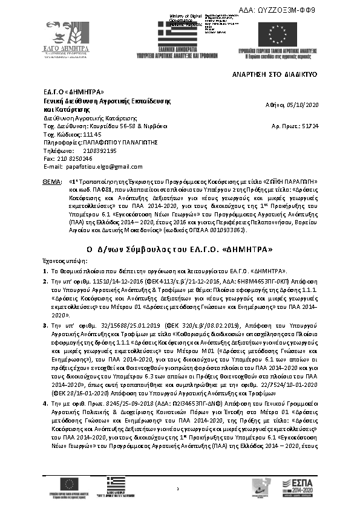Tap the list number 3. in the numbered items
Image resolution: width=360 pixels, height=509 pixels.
(x=45, y=326)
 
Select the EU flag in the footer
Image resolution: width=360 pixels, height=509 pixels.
(x=71, y=483)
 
